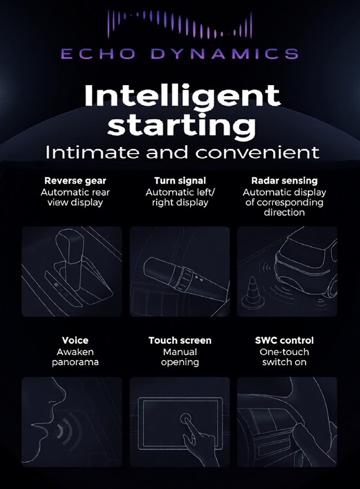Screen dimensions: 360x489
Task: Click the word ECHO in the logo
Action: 98,53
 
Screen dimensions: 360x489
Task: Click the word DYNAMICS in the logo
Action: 224,53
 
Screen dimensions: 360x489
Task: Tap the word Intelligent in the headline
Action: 182,96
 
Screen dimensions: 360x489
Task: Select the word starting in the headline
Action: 182,125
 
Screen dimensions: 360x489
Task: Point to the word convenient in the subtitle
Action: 257,152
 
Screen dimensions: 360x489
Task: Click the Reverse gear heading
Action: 75,181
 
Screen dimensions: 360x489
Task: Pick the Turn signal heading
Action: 180,181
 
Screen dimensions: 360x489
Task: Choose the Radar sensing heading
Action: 284,181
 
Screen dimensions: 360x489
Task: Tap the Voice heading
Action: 75,340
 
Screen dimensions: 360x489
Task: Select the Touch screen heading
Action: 180,340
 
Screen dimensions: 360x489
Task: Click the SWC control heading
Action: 284,340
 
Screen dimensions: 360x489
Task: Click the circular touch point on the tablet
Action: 186,417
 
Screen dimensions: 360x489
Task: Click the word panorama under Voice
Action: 75,362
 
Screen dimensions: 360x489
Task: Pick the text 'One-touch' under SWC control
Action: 284,352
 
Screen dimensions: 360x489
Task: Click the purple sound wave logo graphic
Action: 180,25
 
